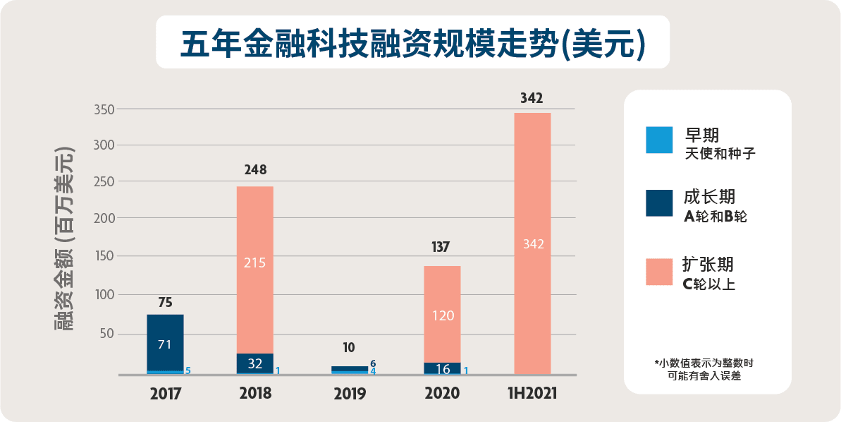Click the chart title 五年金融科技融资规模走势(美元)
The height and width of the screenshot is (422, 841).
tap(412, 43)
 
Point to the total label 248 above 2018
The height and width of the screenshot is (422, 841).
tap(254, 170)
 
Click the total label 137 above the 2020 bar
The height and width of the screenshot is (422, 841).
tap(442, 247)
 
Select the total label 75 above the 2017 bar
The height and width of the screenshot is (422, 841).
tap(165, 302)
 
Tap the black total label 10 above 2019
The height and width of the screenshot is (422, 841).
tap(349, 348)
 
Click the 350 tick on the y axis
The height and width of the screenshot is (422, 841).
tap(103, 109)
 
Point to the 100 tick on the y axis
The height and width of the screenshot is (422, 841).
tap(104, 294)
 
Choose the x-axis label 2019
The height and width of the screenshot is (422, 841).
tap(349, 393)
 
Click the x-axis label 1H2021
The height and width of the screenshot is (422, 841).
tap(532, 393)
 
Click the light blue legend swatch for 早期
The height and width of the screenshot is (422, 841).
tap(659, 140)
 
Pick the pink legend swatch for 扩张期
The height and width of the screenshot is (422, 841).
tap(659, 271)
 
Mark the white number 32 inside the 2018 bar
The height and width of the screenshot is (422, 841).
tap(254, 364)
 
